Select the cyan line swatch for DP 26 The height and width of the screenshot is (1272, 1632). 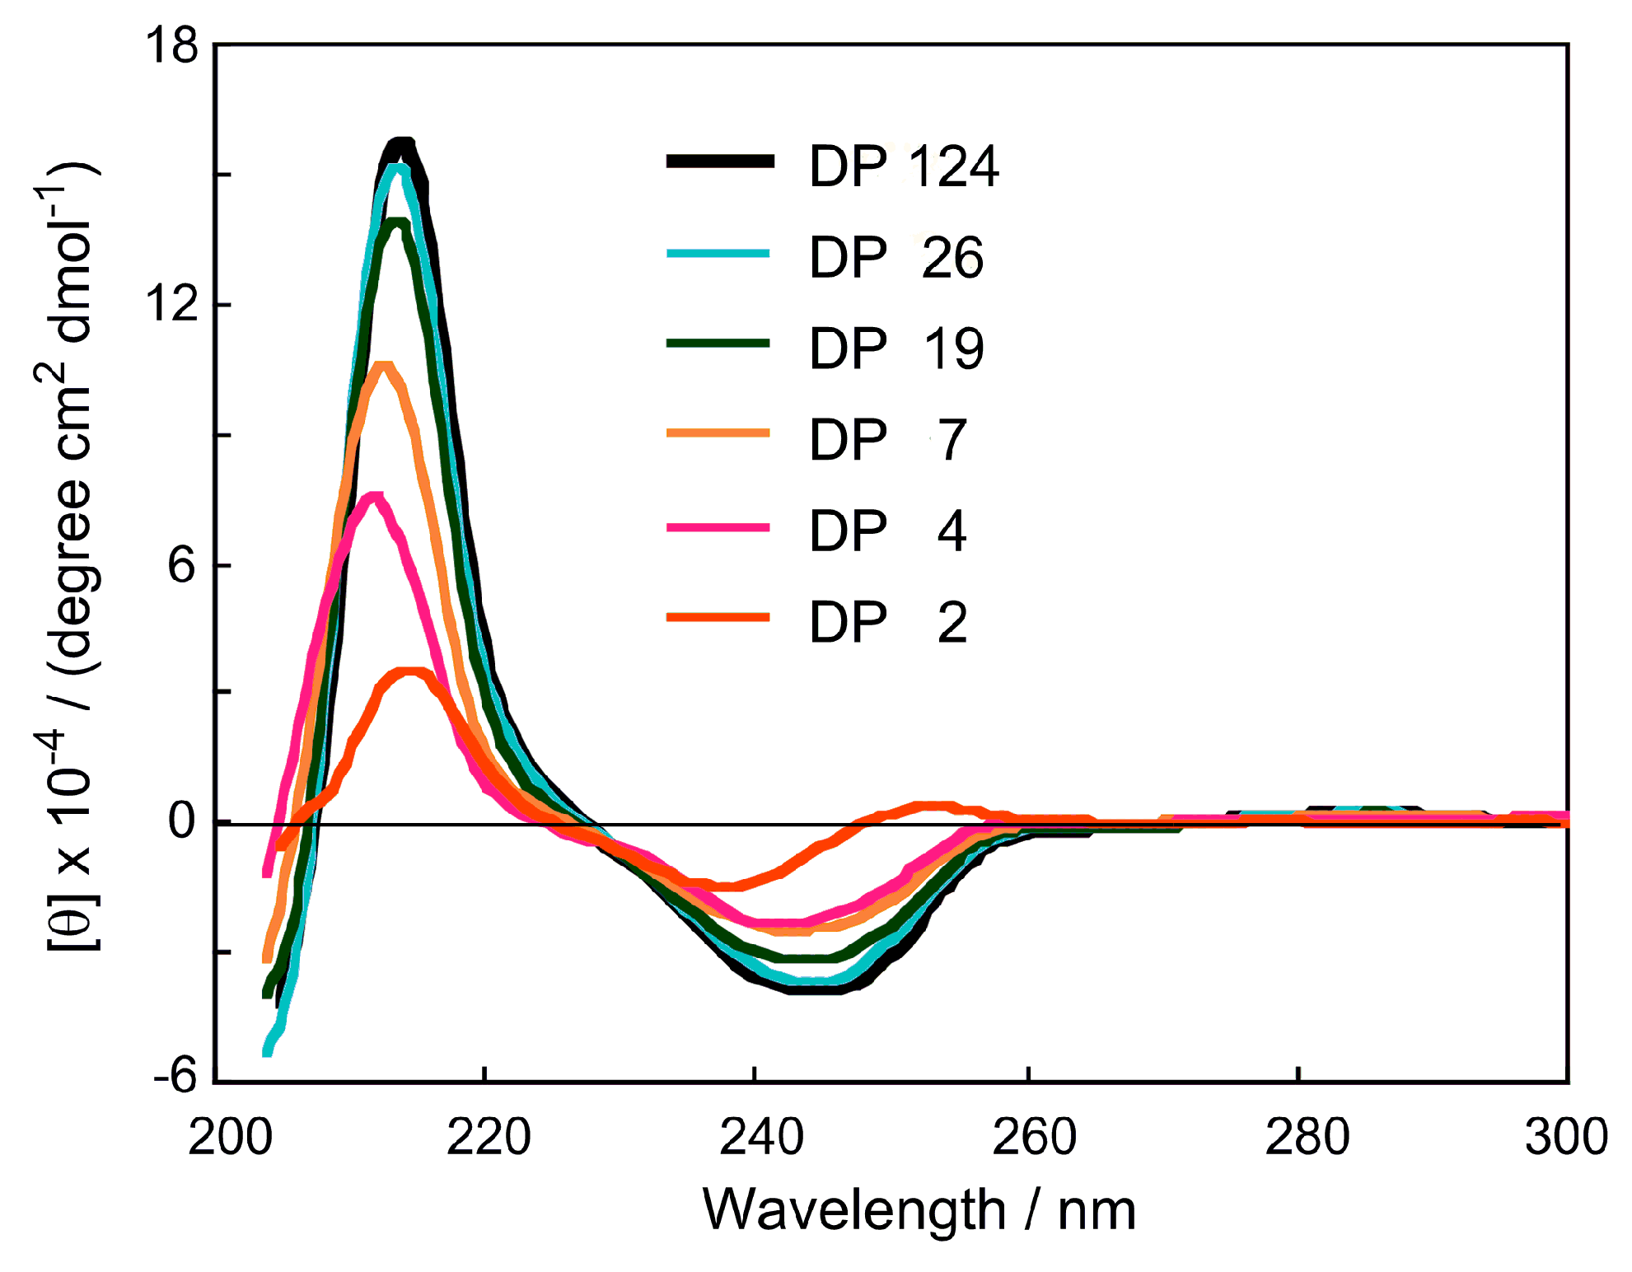[x=718, y=254]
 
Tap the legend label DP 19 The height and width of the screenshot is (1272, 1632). [x=896, y=348]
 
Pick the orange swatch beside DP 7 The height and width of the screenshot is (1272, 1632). [x=718, y=433]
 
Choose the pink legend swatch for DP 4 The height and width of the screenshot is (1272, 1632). [x=718, y=526]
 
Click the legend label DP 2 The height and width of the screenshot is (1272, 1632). [x=888, y=622]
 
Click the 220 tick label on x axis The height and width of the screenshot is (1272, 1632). [x=488, y=1137]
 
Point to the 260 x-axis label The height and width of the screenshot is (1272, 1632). [x=1034, y=1137]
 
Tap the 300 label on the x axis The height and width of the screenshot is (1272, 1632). [x=1565, y=1137]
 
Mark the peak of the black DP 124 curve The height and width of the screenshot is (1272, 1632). [x=401, y=145]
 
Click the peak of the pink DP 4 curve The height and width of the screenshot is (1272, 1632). [x=375, y=498]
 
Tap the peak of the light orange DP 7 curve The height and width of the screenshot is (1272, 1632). [x=383, y=366]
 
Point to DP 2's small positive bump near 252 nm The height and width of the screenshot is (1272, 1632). [x=931, y=806]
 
